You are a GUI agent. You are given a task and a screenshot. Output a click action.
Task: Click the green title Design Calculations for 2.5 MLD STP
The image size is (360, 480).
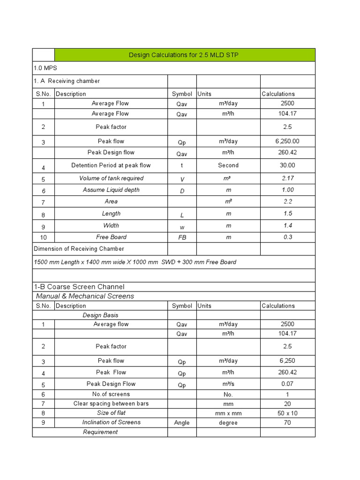[x=185, y=55]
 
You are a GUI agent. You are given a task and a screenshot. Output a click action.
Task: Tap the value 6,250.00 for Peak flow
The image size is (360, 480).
[x=287, y=141]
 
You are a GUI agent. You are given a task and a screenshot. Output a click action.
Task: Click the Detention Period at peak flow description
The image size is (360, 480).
[x=111, y=165]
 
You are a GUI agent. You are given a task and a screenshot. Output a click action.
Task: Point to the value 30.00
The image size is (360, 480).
[x=287, y=165]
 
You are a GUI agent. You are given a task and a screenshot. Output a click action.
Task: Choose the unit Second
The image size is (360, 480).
[x=228, y=165]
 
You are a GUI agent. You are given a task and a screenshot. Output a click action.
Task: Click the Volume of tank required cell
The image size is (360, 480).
[x=111, y=178]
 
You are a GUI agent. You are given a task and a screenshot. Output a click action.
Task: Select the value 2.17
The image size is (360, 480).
[x=287, y=178]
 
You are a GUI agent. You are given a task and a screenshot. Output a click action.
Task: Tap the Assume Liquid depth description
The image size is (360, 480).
[x=111, y=190]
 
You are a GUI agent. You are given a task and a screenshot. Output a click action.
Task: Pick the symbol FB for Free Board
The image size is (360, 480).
[x=182, y=238]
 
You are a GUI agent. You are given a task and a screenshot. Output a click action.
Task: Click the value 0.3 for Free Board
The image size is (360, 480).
[x=287, y=237]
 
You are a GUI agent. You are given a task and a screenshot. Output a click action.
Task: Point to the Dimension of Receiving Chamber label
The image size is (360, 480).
[x=79, y=248]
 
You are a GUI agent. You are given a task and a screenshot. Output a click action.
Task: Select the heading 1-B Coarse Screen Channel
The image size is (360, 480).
[x=79, y=286]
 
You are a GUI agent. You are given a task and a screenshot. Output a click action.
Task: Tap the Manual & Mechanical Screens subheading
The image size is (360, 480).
[x=85, y=296]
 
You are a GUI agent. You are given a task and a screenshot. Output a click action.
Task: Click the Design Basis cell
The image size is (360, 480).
[x=100, y=315]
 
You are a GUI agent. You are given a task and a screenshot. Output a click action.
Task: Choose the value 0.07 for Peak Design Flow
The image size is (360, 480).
[x=287, y=383]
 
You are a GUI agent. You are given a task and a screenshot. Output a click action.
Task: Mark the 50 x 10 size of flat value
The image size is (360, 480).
[x=287, y=413]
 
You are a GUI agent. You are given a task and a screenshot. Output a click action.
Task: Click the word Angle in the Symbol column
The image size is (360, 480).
[x=182, y=423]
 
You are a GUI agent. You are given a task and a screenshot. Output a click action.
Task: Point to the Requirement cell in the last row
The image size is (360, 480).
[x=100, y=432]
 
